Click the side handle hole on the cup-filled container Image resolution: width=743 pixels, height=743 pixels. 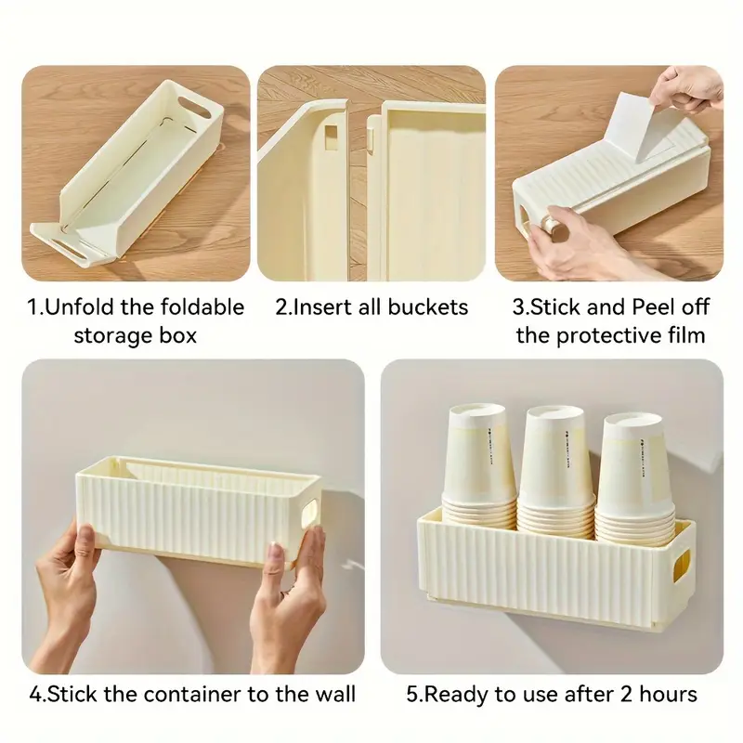click(683, 563)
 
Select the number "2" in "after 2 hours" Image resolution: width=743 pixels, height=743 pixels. click(613, 693)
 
